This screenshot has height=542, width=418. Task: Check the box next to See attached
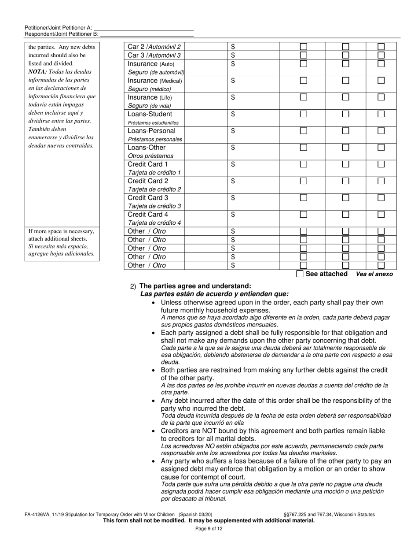point(300,274)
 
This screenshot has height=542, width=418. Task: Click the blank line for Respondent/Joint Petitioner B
point(147,34)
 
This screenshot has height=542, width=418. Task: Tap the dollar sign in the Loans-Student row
point(233,114)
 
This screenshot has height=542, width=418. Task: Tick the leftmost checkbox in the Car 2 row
point(303,47)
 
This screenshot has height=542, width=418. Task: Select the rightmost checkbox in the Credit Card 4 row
point(381,215)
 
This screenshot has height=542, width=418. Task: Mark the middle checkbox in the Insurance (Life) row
point(346,97)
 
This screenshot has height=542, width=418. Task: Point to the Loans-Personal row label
point(151,131)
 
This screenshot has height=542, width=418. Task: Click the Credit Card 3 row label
point(148,198)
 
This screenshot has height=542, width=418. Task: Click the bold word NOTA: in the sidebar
point(38,72)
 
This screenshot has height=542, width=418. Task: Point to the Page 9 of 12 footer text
point(209,529)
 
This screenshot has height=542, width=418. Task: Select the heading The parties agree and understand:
point(195,286)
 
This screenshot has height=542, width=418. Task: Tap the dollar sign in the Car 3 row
point(233,55)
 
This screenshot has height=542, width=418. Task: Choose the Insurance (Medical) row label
point(154,81)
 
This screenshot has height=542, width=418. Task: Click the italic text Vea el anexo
point(374,274)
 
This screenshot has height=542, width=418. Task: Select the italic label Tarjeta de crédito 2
point(154,189)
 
